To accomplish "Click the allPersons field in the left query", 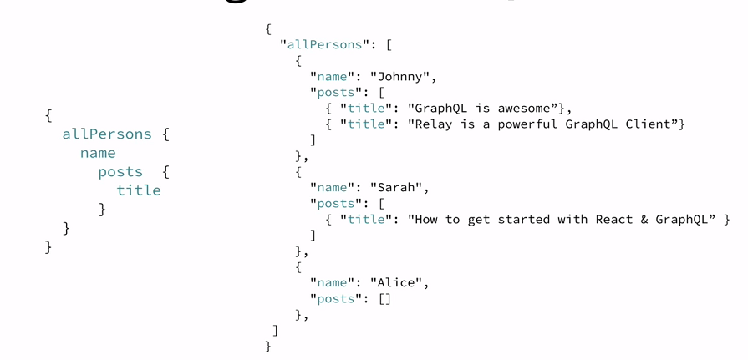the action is coord(107,134).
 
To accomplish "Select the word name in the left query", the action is coord(98,153).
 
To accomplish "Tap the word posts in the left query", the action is coord(120,172).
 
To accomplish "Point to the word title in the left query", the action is coord(139,190).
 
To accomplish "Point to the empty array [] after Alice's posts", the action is coord(384,298).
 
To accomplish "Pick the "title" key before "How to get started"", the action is coord(366,219).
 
